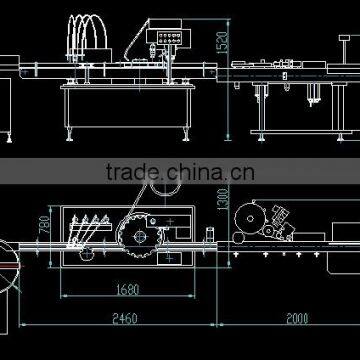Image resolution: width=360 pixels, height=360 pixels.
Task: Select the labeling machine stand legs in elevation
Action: point(263,110)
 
